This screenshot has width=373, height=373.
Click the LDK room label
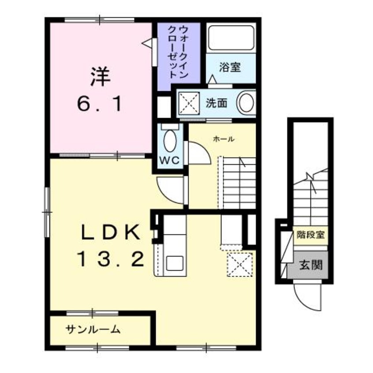coord(111,232)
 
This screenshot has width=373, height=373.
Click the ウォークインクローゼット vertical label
coord(177,52)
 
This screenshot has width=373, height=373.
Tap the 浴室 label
coord(230,67)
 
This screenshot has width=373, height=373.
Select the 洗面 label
coord(216,103)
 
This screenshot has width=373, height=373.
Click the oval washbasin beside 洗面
coord(246,103)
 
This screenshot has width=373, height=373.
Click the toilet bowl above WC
coord(169,141)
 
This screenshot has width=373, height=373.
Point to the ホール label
coord(223,139)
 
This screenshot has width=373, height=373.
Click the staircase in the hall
coord(237,183)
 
